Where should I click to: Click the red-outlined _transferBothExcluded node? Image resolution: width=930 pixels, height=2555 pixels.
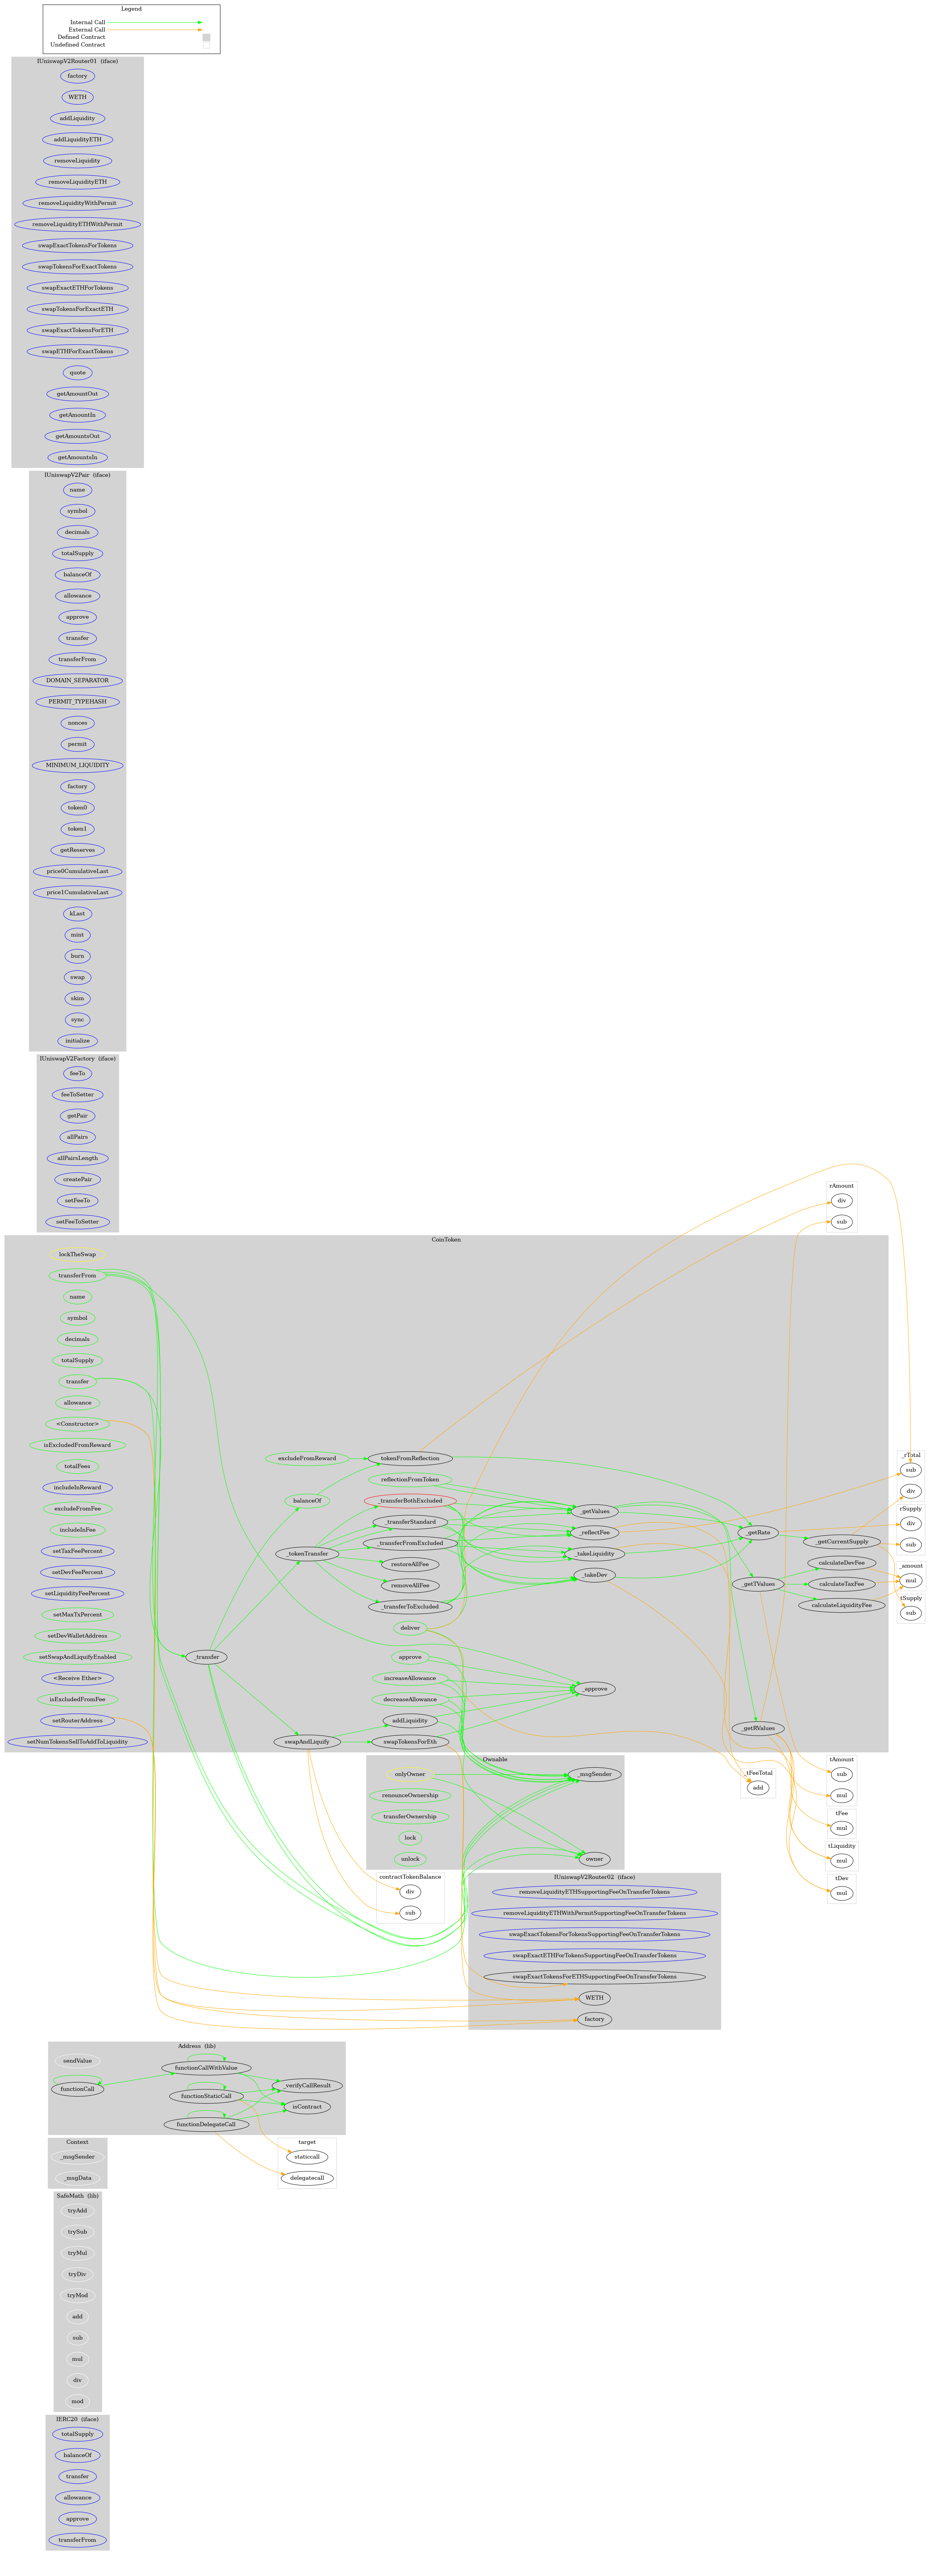[409, 1501]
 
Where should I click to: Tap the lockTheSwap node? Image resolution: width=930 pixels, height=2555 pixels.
[77, 1255]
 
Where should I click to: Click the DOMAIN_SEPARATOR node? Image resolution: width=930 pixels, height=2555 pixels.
[77, 680]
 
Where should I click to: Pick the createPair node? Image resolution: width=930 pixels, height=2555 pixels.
[77, 1179]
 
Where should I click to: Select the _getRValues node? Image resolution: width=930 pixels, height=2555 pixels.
[759, 1728]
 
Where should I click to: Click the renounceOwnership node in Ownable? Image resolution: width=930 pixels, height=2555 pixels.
[409, 1795]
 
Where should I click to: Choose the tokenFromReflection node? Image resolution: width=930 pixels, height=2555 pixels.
[409, 1458]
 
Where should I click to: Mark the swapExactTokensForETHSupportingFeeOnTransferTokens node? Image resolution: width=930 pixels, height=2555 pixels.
[594, 1977]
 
